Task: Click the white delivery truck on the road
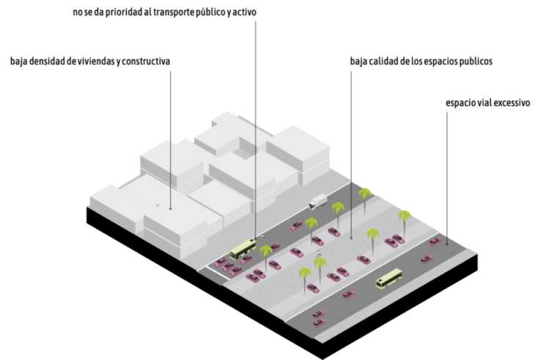tap(318, 201)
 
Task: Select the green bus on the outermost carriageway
tap(389, 279)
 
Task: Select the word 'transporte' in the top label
tap(193, 12)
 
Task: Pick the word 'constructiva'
tap(147, 60)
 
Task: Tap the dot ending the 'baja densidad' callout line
tap(171, 208)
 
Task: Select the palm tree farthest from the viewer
tap(365, 194)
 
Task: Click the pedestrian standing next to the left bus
tap(261, 238)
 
